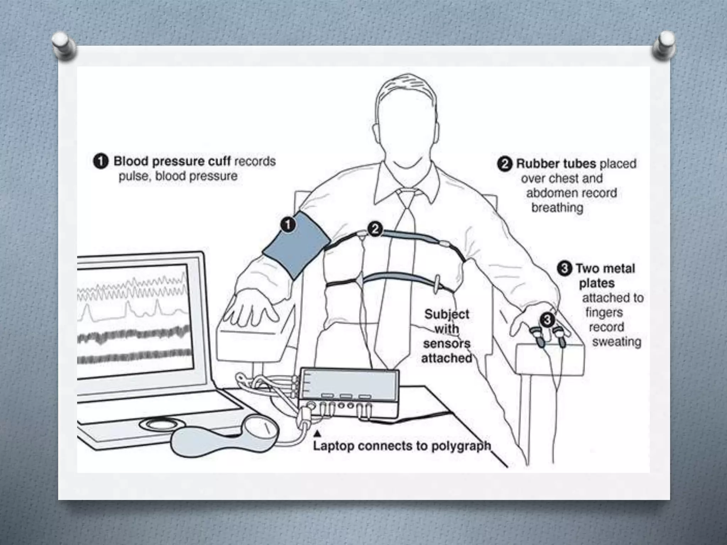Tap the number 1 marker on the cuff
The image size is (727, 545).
click(288, 225)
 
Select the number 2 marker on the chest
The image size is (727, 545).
click(375, 229)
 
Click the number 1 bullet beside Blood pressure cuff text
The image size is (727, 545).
click(101, 161)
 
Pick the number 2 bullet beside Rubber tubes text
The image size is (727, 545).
click(504, 164)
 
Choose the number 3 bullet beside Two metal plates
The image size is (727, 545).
click(564, 269)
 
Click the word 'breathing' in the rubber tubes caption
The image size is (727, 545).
click(557, 208)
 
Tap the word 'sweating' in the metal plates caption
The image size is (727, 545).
click(617, 342)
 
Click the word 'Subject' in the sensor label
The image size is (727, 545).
click(447, 314)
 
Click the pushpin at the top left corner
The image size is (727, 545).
click(64, 45)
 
